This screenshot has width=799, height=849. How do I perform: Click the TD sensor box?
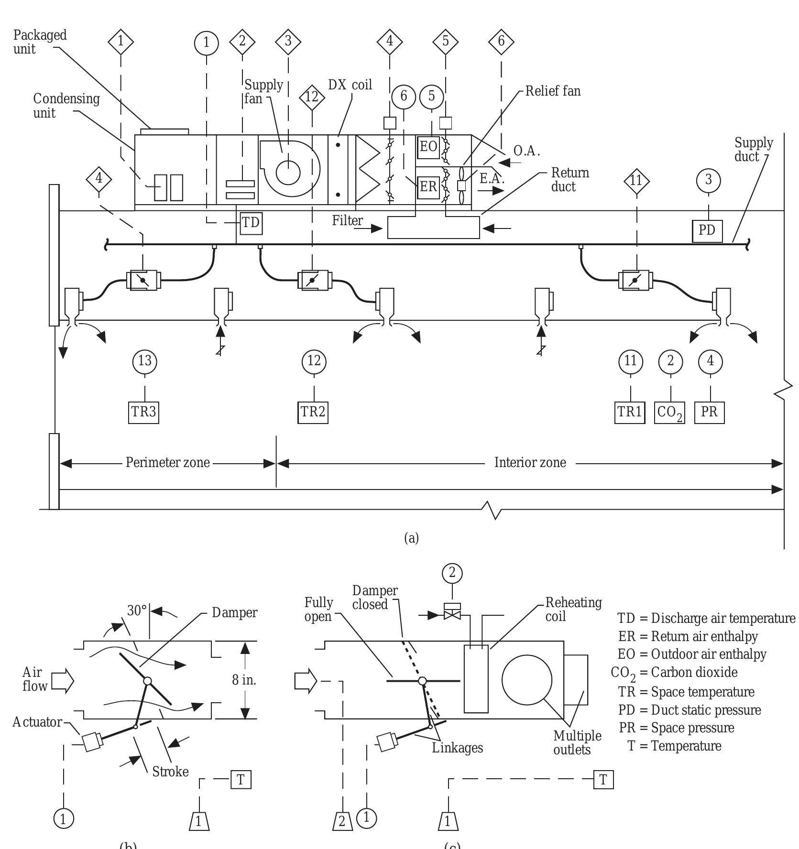(251, 223)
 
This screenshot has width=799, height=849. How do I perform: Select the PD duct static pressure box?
(707, 230)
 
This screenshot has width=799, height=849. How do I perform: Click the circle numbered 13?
(144, 361)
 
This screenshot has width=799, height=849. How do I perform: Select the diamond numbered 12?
(312, 98)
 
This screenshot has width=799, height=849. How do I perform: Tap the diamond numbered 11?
(637, 181)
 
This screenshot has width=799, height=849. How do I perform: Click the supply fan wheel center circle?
(288, 173)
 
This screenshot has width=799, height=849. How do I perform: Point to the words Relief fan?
(553, 91)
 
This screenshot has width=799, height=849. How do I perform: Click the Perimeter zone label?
(167, 463)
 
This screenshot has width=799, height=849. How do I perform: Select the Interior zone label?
(530, 463)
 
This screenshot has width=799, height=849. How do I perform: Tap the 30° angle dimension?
(137, 611)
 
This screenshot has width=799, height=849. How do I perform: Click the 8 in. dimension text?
(244, 680)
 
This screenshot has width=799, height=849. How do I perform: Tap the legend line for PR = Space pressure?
(676, 728)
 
